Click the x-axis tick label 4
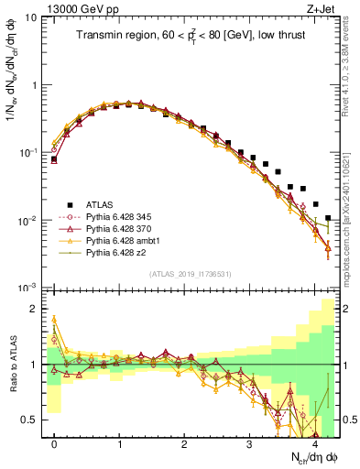coord(314,444)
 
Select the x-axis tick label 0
coord(54,444)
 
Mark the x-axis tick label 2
coord(184,444)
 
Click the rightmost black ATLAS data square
coord(328,219)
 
